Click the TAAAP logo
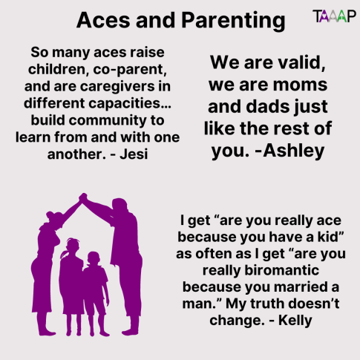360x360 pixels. [x=333, y=15]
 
